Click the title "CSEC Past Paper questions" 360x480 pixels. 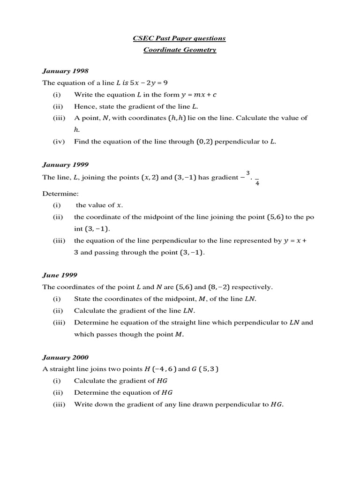[180, 38]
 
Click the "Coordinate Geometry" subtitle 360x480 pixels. [180, 50]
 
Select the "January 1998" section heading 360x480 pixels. [65, 71]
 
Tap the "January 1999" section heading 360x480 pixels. [65, 165]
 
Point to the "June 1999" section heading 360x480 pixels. [60, 275]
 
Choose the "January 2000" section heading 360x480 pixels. [65, 357]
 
